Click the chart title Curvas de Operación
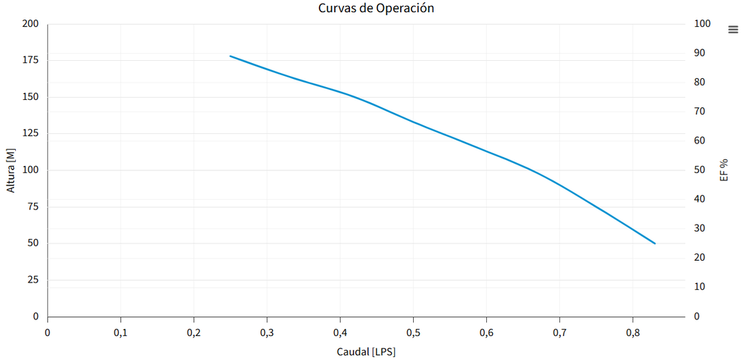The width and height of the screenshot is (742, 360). point(376,9)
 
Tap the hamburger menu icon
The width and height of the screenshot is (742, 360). point(733,29)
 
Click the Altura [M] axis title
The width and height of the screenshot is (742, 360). point(10,170)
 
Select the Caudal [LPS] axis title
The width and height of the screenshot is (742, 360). point(366,351)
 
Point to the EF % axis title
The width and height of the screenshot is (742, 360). point(724,169)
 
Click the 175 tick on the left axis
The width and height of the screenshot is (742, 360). point(30,60)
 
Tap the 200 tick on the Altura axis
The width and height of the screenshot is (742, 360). point(30,24)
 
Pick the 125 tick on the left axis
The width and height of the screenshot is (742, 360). point(30,133)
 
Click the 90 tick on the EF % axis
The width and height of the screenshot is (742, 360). point(701,53)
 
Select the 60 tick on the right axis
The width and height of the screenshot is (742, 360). point(701,141)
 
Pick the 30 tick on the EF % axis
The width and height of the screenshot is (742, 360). point(701,228)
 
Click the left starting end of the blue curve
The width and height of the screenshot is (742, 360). point(230,56)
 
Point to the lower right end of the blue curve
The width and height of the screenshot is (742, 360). point(655,243)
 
